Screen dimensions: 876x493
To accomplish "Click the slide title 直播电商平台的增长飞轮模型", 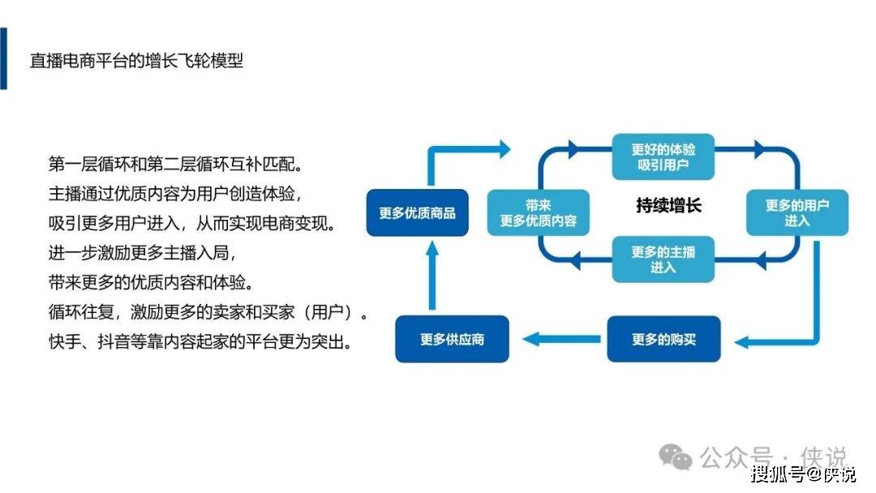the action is pos(136,60).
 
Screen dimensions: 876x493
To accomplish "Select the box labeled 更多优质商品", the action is pos(418,212).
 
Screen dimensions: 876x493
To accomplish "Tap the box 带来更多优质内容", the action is pos(538,212).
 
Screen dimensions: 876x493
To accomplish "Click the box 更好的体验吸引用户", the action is pos(663,156).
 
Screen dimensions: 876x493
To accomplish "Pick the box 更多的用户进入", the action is pos(797,212).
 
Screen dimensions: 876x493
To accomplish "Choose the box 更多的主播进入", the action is pos(663,259).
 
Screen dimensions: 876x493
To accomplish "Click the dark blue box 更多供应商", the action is pos(452,339).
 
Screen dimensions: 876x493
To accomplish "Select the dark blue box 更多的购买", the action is pos(663,339).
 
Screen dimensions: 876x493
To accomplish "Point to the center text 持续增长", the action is pos(668,205).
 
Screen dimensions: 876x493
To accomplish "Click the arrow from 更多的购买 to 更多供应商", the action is pos(561,339).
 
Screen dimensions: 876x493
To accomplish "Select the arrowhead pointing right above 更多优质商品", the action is pos(505,149).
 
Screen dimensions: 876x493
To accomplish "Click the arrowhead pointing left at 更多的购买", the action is pos(741,341).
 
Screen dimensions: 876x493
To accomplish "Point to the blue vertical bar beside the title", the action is pos(3,58).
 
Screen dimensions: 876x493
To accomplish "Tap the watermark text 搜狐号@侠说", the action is pos(803,474).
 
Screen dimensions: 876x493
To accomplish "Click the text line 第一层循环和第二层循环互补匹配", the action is pos(175,164).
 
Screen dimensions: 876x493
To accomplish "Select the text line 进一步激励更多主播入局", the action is pos(143,253).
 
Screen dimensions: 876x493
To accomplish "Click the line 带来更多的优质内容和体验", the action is pos(151,282).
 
